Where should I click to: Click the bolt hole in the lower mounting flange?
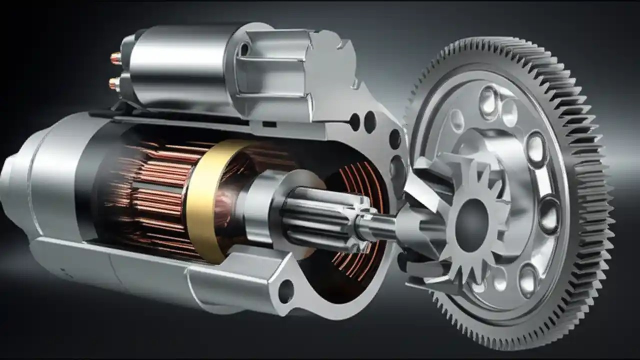[x=285, y=291]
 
